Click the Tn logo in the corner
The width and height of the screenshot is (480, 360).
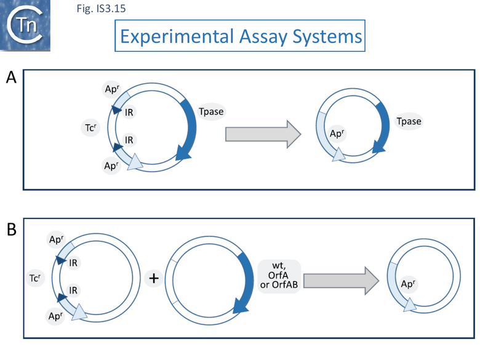(x=28, y=26)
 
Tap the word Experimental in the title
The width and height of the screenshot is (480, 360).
(x=170, y=36)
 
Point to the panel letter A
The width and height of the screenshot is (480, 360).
(x=11, y=78)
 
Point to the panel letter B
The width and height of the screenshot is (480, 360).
(x=11, y=230)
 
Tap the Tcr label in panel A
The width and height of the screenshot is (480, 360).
(x=89, y=127)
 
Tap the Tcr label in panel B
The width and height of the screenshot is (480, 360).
(x=35, y=278)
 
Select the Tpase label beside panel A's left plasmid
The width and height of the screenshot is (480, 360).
(x=211, y=111)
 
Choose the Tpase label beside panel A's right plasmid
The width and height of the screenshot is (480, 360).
(x=409, y=121)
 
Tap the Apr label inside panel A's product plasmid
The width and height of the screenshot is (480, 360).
(x=337, y=134)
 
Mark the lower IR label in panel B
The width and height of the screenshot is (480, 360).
(x=73, y=289)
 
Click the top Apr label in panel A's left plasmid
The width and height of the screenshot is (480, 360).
(x=112, y=89)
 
